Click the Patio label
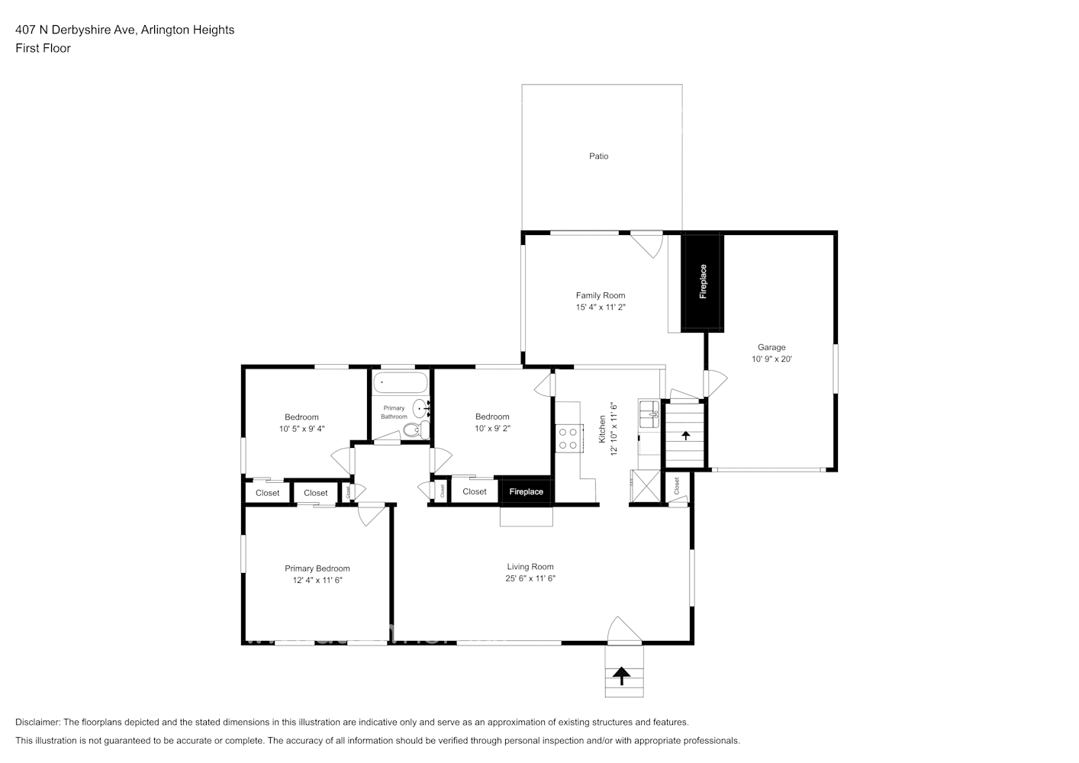pos(598,156)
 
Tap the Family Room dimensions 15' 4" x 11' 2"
pos(601,307)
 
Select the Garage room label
pos(771,347)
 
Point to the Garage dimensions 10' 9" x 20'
pos(771,359)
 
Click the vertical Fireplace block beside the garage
pos(703,282)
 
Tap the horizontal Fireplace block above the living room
pos(526,491)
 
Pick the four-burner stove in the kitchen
pos(568,438)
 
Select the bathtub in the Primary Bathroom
pos(400,382)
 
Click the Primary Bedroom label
pos(317,568)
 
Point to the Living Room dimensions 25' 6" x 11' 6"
pos(530,578)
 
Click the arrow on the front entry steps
pos(622,674)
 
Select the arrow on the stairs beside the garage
pos(685,435)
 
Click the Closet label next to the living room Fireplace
pos(475,491)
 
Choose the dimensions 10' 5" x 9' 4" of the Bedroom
pos(301,429)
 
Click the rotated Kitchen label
pos(602,430)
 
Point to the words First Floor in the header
pos(43,48)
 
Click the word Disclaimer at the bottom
pos(37,722)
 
